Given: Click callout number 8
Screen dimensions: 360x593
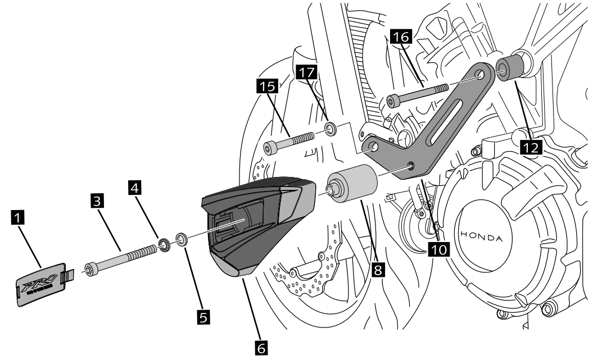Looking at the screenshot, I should tap(378, 270).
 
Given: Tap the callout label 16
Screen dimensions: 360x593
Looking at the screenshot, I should tap(403, 38).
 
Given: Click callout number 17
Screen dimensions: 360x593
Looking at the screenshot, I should tap(307, 71).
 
